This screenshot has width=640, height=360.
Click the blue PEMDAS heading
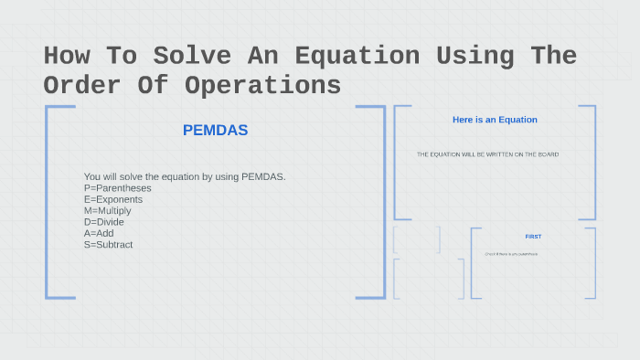point(215,131)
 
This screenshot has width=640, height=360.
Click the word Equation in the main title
point(357,56)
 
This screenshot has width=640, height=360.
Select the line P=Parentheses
point(117,188)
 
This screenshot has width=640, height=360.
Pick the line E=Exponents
point(112,199)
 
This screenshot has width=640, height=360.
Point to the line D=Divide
point(103,222)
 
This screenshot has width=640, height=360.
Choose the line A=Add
point(99,233)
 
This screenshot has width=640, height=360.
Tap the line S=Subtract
point(108,245)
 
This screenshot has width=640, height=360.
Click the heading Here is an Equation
point(495,120)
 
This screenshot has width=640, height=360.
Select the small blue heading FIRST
point(533,237)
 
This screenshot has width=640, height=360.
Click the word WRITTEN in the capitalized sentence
point(494,154)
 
